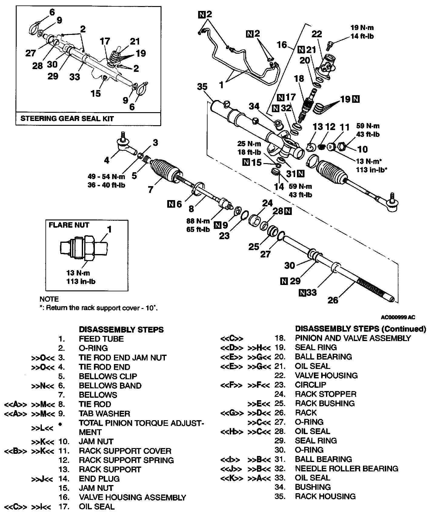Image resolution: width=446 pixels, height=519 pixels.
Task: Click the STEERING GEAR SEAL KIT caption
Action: (67, 118)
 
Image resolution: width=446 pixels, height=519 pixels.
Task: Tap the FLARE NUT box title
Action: (69, 225)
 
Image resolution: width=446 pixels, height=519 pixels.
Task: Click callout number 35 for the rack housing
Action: (202, 87)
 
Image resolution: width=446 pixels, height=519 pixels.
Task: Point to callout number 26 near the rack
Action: (333, 300)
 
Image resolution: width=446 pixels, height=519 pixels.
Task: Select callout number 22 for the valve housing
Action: (317, 34)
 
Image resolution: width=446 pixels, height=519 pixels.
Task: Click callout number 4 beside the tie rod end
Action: (107, 160)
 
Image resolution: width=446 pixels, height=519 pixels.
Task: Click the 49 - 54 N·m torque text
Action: (106, 177)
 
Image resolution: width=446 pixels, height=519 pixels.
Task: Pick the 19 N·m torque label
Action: (362, 28)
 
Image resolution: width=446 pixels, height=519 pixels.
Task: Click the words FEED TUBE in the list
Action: (101, 339)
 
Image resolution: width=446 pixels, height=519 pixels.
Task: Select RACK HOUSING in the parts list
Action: (325, 496)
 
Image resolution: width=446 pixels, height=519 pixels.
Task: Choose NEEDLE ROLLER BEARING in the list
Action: (346, 468)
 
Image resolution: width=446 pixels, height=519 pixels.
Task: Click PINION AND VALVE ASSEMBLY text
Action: (353, 338)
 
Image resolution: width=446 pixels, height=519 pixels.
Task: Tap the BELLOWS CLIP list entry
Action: (108, 376)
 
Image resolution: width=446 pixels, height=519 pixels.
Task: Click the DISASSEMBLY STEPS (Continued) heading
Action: (360, 329)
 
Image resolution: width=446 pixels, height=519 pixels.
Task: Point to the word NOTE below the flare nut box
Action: (49, 299)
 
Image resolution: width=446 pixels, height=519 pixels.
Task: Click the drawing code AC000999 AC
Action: (398, 317)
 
